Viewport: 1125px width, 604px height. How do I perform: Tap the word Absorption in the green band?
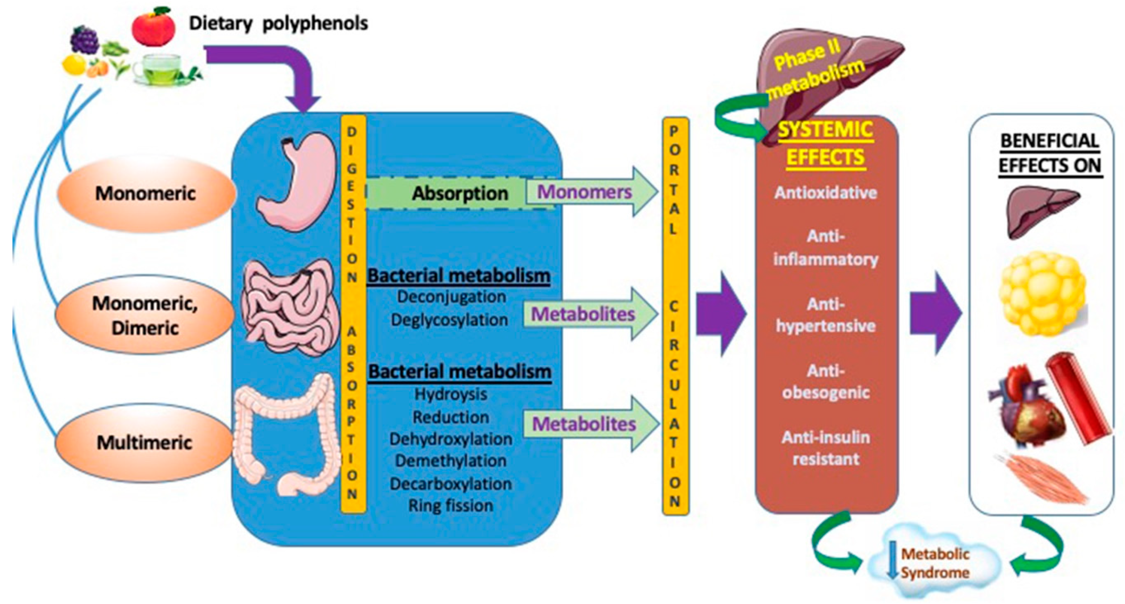[x=460, y=193]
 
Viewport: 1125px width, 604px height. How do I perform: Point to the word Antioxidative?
[x=825, y=192]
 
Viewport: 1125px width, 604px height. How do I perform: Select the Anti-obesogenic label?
[x=825, y=381]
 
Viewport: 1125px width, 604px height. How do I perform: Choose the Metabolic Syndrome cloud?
[x=935, y=563]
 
